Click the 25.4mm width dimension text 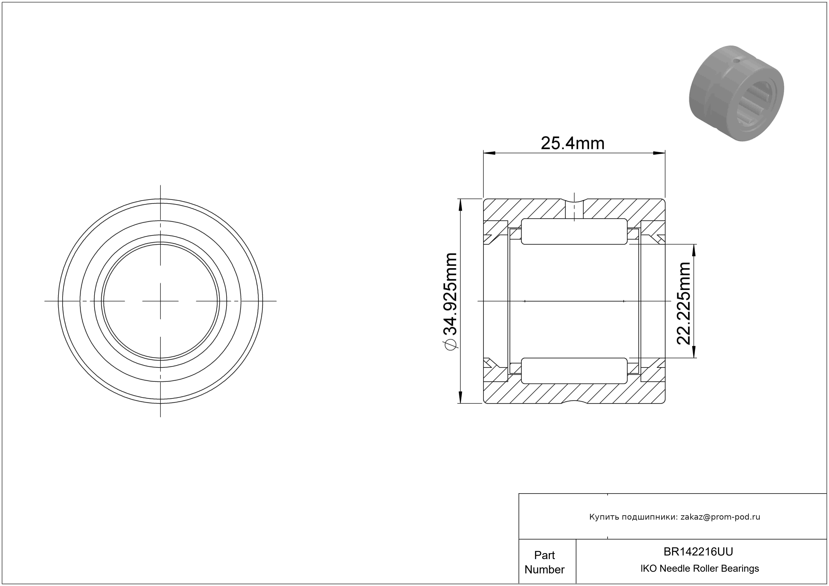572,143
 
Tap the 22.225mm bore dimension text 683,304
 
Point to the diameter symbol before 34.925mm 450,344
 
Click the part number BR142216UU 698,552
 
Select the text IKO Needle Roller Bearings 700,569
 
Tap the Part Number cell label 544,562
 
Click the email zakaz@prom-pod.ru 720,517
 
